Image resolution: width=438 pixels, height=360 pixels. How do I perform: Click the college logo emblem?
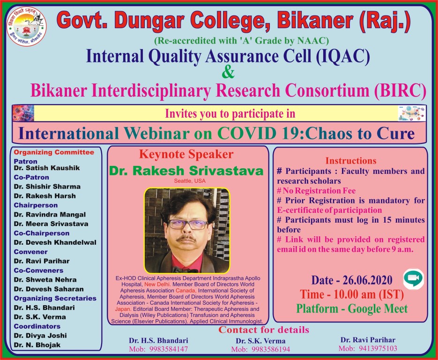click(x=27, y=26)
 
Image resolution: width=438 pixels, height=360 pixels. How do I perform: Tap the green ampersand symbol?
click(x=228, y=72)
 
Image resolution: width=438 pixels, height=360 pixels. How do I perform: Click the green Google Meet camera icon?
click(x=414, y=278)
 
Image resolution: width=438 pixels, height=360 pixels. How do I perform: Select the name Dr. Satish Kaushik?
click(x=47, y=168)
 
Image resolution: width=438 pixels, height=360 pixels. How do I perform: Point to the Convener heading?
click(x=31, y=252)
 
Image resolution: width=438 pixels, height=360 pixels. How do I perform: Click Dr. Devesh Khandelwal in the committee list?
click(x=55, y=242)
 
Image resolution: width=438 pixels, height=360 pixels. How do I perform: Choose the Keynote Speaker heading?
click(x=186, y=154)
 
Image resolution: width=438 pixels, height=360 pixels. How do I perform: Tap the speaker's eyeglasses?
click(x=188, y=224)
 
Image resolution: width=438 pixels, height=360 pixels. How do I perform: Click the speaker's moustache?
click(x=186, y=238)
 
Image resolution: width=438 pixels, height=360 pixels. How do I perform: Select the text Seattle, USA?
click(x=190, y=181)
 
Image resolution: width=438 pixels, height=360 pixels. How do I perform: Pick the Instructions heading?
click(x=351, y=161)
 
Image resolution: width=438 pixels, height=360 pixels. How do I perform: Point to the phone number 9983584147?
click(x=169, y=349)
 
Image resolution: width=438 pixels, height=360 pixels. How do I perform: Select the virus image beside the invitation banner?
click(x=23, y=113)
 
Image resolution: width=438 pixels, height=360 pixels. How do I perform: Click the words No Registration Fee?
click(x=319, y=191)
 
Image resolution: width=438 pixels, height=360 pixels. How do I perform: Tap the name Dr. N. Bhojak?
click(x=37, y=345)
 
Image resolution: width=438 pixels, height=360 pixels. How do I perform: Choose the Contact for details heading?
click(x=264, y=330)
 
